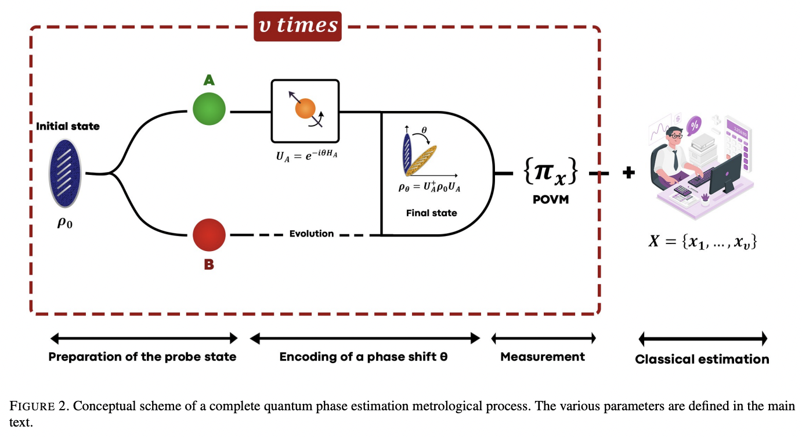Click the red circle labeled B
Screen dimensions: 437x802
(209, 235)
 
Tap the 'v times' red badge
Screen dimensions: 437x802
(298, 26)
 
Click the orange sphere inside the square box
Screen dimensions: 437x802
(305, 109)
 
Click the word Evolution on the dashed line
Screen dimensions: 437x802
(312, 234)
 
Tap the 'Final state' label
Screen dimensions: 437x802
(431, 213)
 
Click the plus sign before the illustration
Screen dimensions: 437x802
(628, 173)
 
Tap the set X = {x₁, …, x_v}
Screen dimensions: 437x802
(702, 241)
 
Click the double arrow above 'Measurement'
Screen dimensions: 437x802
(544, 338)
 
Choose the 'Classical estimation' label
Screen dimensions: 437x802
(702, 359)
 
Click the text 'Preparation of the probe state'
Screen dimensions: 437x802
(142, 357)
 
